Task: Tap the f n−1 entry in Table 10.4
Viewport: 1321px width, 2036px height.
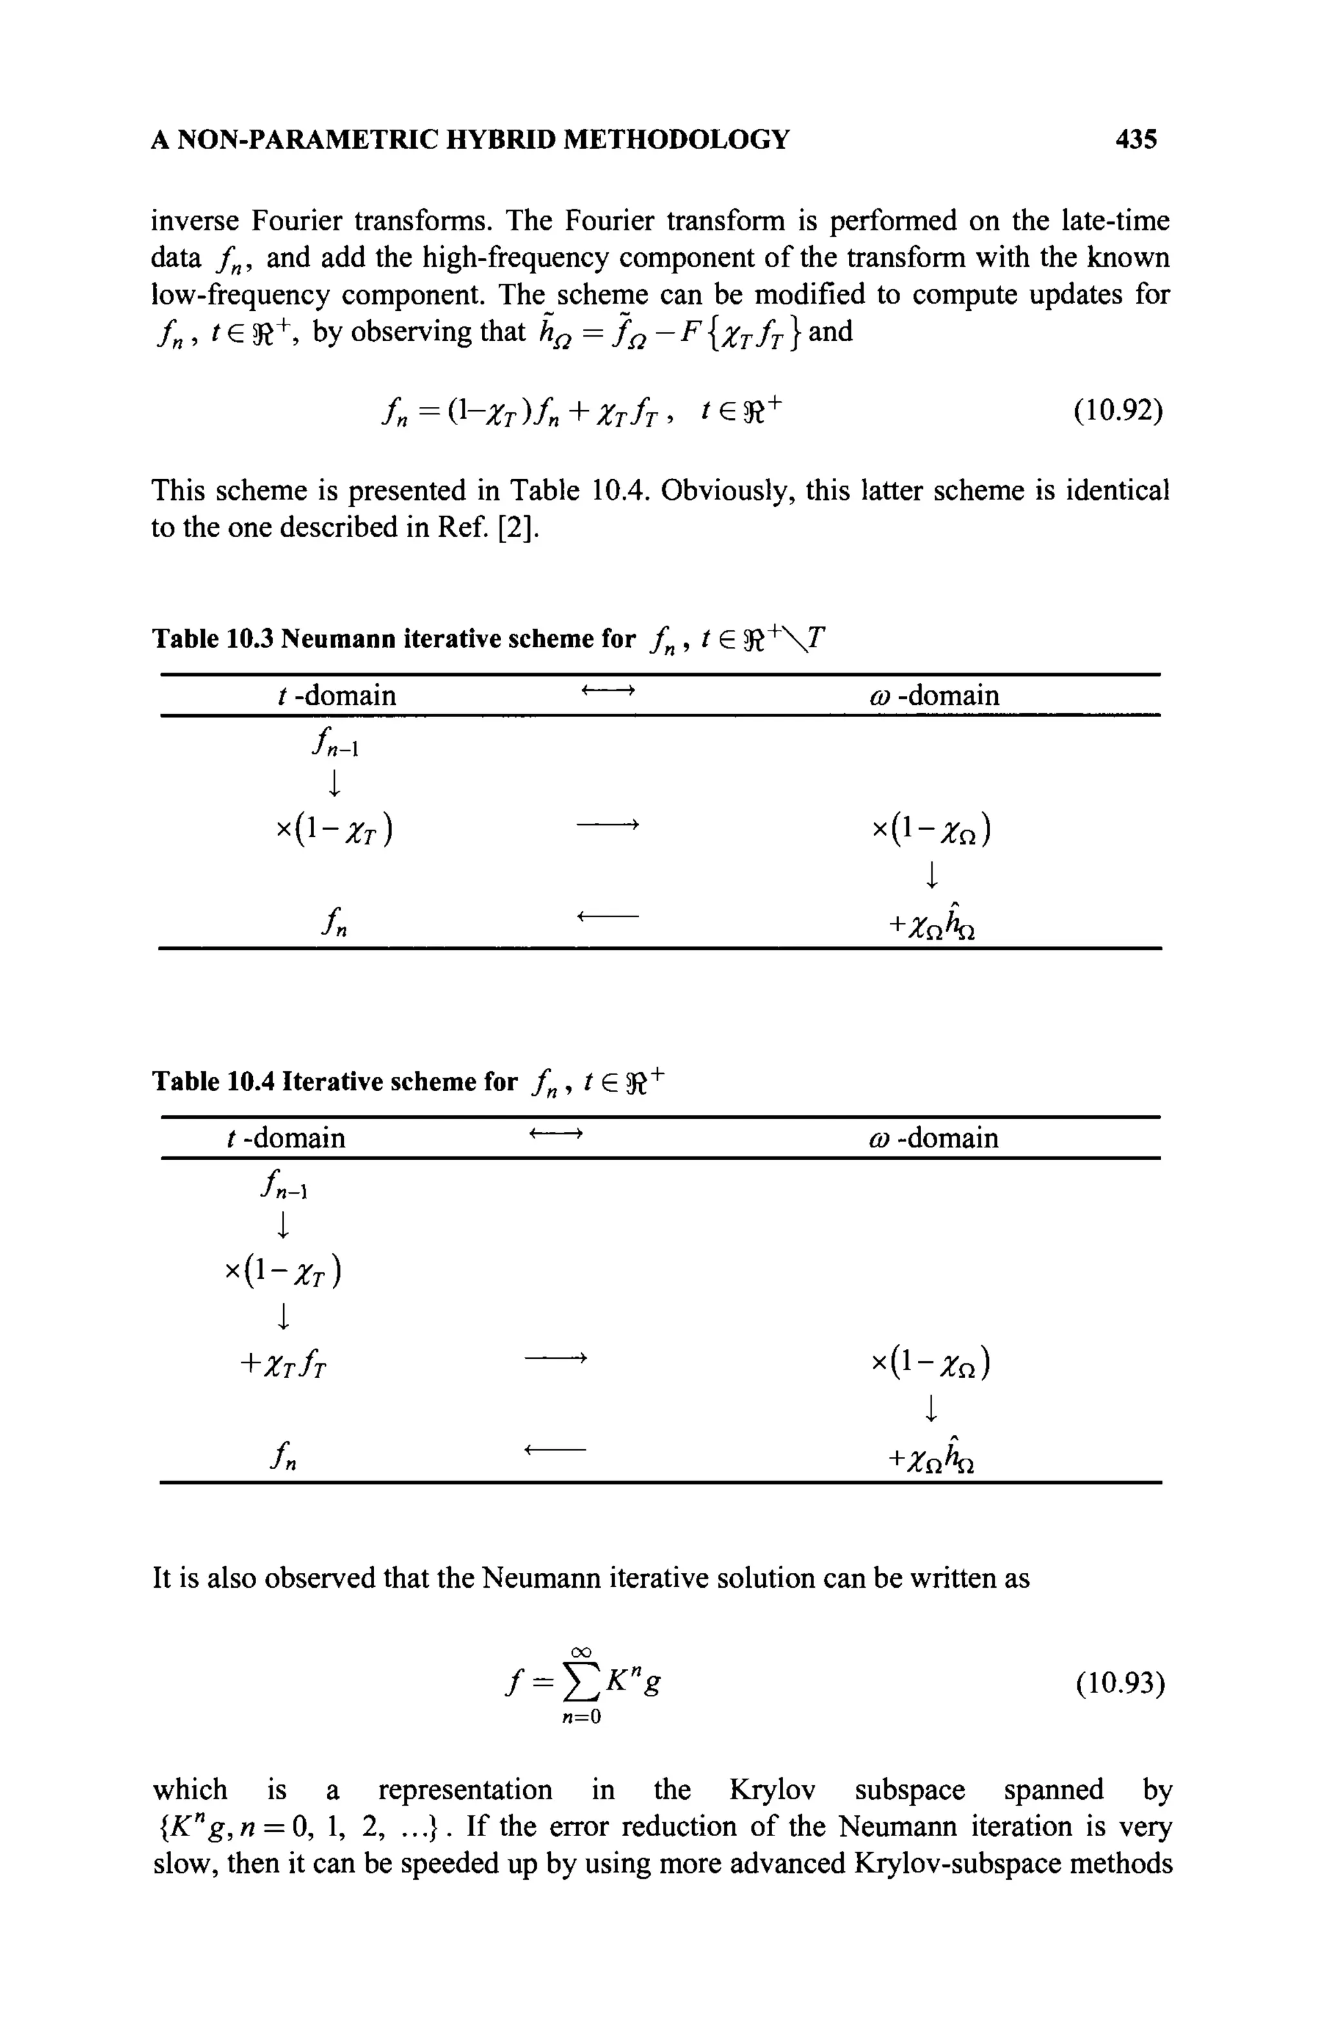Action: pos(281,1187)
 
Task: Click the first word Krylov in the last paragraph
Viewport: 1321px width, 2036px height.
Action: pos(771,1790)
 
